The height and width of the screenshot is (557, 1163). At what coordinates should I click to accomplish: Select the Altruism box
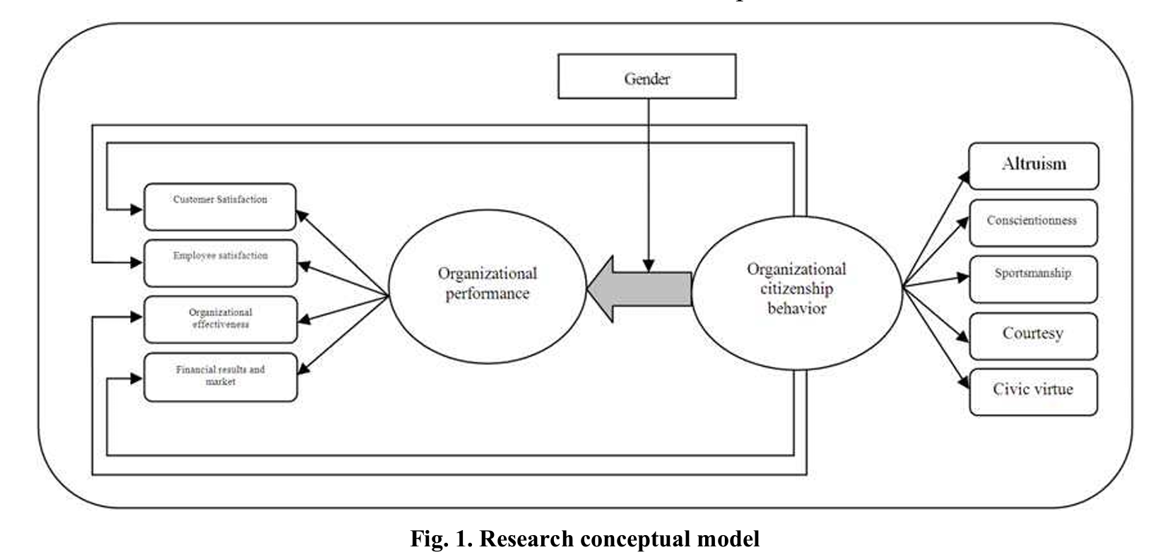(x=1033, y=166)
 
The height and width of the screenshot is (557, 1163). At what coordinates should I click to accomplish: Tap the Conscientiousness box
(x=1033, y=223)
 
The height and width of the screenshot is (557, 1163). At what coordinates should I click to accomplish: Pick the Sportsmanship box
(x=1033, y=278)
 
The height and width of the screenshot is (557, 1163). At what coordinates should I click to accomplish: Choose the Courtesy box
(x=1033, y=336)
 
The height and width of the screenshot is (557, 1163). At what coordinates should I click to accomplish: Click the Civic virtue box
(x=1033, y=392)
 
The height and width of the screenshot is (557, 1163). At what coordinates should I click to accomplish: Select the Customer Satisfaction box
(x=220, y=206)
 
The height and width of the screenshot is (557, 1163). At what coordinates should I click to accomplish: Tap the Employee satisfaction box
(x=220, y=263)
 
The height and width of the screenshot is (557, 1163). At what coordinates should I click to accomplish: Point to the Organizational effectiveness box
(x=220, y=319)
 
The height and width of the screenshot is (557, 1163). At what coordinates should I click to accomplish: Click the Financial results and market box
(x=220, y=377)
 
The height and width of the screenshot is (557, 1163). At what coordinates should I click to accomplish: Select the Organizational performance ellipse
(x=488, y=284)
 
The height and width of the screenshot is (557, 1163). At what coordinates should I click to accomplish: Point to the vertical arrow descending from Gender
(x=649, y=184)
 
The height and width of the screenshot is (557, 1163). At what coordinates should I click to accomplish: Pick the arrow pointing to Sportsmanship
(x=936, y=281)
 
